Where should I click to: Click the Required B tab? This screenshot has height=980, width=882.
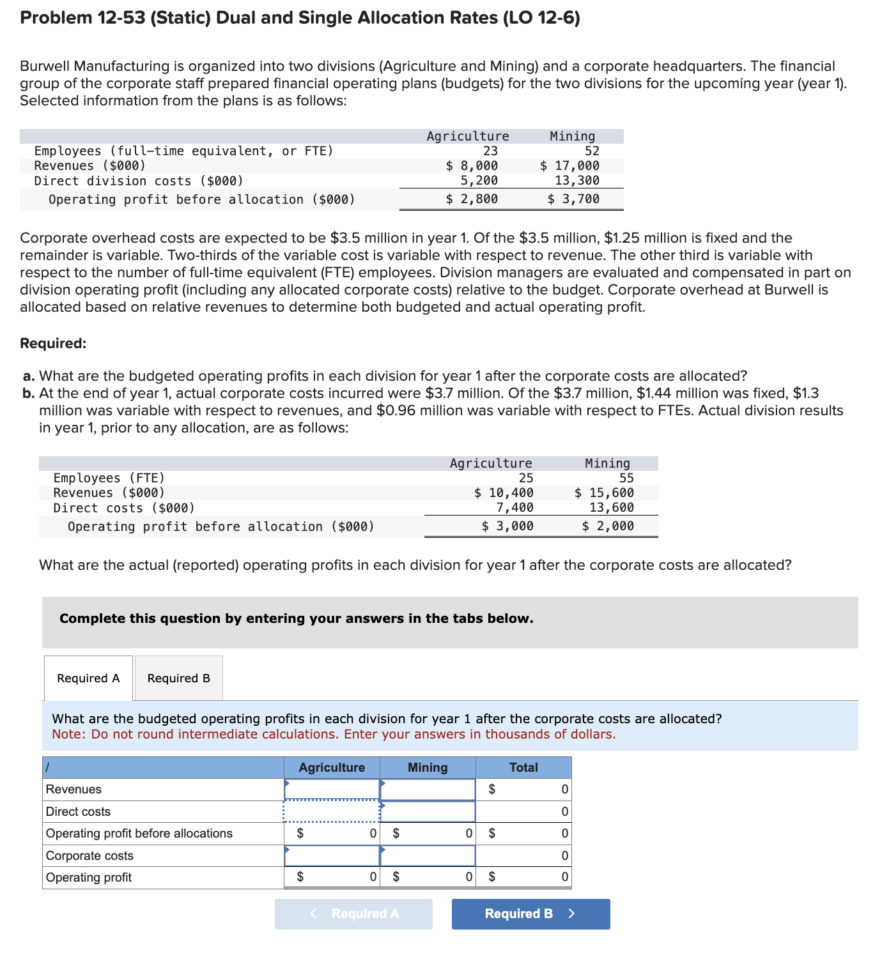click(178, 678)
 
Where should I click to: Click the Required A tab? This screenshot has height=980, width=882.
click(88, 678)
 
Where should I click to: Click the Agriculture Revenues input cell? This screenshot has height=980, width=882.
click(332, 790)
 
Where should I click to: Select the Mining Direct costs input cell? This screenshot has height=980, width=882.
click(428, 811)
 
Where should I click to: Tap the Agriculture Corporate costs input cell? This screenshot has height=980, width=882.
click(332, 855)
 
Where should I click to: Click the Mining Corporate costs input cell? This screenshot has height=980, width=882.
click(428, 855)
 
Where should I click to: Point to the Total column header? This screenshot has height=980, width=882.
click(523, 767)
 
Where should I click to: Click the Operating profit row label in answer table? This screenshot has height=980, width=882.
click(89, 877)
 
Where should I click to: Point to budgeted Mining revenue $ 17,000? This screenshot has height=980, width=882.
click(569, 166)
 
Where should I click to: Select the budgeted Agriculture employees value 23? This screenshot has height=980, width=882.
click(490, 151)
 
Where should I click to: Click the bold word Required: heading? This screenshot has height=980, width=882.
click(53, 344)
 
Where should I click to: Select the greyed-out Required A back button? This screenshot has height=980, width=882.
click(353, 914)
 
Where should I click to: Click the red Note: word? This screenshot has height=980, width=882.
click(68, 734)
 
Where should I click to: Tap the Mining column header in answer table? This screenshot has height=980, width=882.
click(428, 767)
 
